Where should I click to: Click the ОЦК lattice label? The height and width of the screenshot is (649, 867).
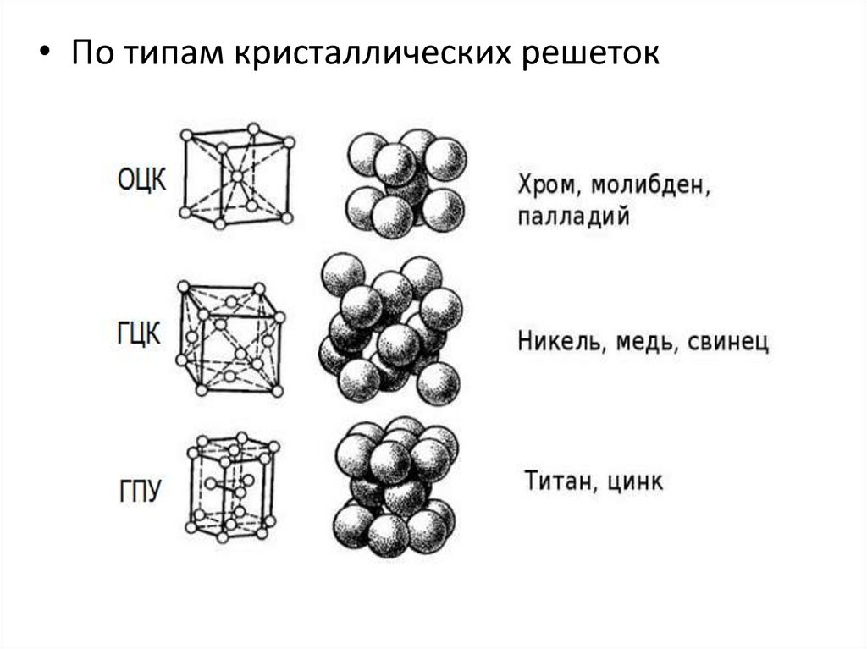141,179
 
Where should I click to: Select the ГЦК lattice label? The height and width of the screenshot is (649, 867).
137,333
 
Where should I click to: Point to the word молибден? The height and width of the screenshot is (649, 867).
647,185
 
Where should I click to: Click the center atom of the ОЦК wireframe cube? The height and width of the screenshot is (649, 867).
236,176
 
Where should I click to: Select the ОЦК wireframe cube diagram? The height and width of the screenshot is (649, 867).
236,176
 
